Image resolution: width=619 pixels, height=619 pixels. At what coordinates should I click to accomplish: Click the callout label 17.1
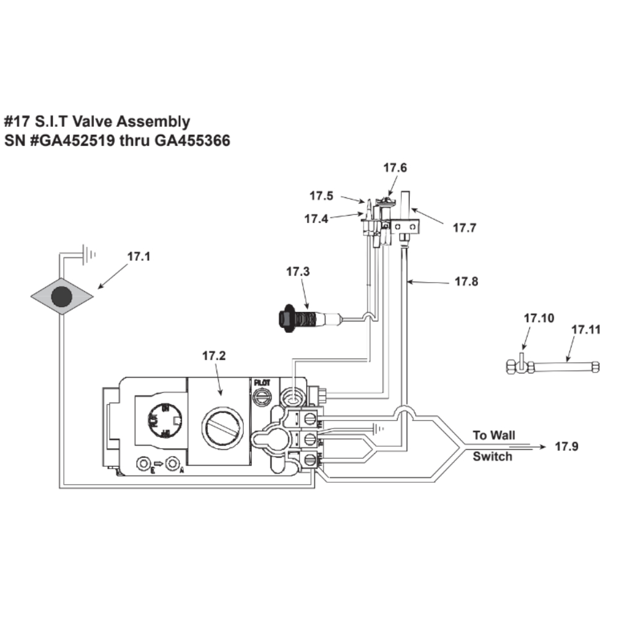[x=139, y=255]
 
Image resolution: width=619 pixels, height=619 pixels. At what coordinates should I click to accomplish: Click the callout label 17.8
[x=466, y=282]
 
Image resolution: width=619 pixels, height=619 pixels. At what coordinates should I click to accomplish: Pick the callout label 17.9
[x=566, y=446]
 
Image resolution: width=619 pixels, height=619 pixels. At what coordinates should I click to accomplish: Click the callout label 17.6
[x=395, y=168]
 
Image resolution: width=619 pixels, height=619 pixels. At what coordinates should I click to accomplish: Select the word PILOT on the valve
[x=262, y=384]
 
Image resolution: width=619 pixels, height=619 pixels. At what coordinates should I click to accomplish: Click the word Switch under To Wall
[x=493, y=457]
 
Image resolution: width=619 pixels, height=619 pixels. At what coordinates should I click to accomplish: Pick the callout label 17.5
[x=322, y=196]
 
